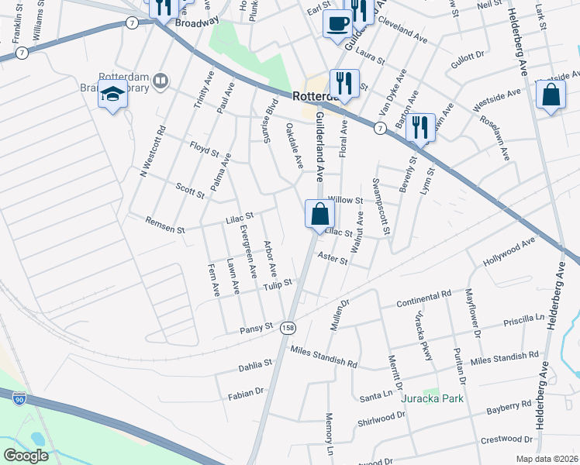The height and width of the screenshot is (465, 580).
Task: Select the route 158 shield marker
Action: (x=288, y=328)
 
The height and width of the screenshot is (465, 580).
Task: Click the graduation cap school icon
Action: (x=113, y=95)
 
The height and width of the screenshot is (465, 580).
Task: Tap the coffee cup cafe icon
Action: (x=338, y=22)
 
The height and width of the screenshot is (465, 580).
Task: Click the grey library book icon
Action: (x=161, y=81)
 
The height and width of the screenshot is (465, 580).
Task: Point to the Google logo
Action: (x=26, y=456)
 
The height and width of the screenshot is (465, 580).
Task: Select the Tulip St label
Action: (x=276, y=285)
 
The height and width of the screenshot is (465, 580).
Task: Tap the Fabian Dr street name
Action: (x=247, y=394)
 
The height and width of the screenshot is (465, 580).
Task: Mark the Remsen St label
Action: (x=165, y=226)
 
